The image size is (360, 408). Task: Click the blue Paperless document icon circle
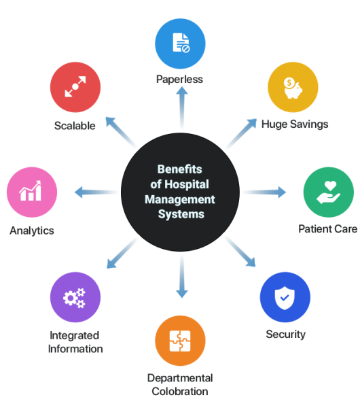tap(180, 44)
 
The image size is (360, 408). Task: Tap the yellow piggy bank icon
tap(293, 87)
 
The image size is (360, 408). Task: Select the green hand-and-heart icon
tap(329, 192)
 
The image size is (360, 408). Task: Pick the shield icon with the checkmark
tap(285, 297)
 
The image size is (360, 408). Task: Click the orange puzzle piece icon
tap(180, 341)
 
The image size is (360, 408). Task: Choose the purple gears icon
tap(75, 297)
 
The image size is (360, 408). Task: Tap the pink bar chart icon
tap(32, 192)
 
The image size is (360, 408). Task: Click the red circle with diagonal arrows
tap(75, 87)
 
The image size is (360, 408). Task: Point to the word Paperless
tap(179, 80)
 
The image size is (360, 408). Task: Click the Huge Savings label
tap(295, 124)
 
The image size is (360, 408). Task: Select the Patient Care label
tap(328, 229)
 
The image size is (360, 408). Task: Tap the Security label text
tap(286, 334)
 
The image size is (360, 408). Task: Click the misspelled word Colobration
tap(180, 392)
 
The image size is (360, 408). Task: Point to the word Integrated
tap(74, 335)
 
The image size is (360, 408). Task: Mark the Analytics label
tap(32, 231)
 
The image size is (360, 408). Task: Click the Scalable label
tap(75, 126)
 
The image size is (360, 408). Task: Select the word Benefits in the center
tap(179, 169)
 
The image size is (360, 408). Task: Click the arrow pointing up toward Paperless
tap(182, 109)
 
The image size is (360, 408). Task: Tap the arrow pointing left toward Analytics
tap(96, 192)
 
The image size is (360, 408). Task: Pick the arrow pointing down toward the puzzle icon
tap(182, 276)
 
